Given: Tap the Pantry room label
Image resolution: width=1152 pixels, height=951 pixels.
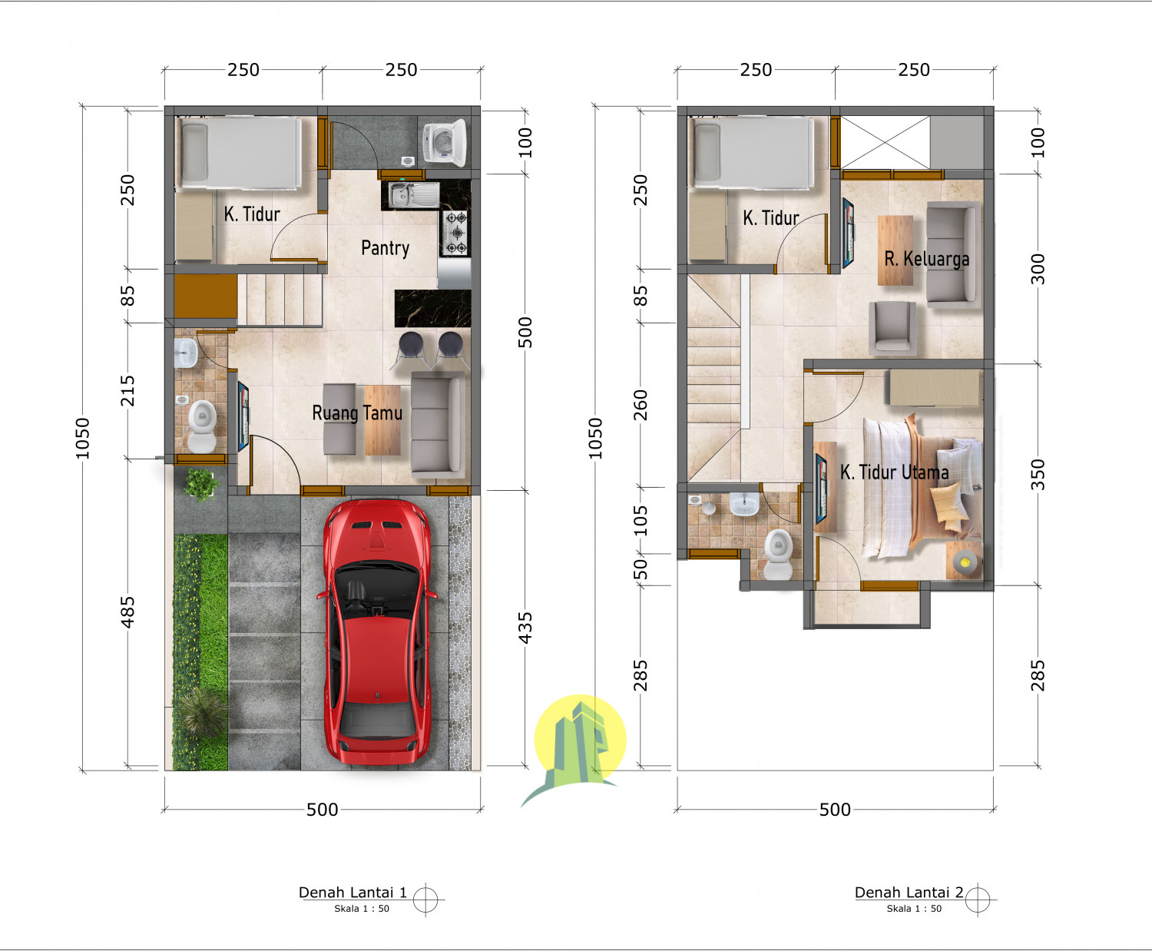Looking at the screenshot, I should point(385,248).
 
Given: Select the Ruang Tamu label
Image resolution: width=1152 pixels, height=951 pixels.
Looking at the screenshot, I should point(357,413).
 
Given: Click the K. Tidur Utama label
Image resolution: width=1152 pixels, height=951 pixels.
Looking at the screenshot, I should point(894,472).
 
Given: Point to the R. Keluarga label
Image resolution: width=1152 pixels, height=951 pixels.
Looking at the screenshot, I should point(926,259).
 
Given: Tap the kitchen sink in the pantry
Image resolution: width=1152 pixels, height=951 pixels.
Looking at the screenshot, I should point(402,195).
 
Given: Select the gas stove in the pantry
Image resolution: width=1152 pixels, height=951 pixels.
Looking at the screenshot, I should point(455,233).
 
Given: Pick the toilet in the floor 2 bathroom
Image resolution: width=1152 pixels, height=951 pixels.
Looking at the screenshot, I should point(778,554).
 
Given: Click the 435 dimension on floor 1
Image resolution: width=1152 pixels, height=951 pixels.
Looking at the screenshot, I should point(525,628).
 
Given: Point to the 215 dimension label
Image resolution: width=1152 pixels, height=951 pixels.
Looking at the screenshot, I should point(127,390).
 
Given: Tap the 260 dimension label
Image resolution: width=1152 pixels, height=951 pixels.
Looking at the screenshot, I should point(640,405).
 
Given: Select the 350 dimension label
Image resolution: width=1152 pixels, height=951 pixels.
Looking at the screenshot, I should point(1038,474).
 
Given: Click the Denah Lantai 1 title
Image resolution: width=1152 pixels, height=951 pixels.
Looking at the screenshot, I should point(353,893).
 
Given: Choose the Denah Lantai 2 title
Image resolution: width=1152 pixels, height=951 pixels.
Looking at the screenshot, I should point(909,893).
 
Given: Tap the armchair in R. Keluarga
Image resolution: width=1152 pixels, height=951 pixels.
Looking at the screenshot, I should point(892,326).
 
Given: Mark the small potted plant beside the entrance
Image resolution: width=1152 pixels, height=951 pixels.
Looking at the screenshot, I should point(200,484).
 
